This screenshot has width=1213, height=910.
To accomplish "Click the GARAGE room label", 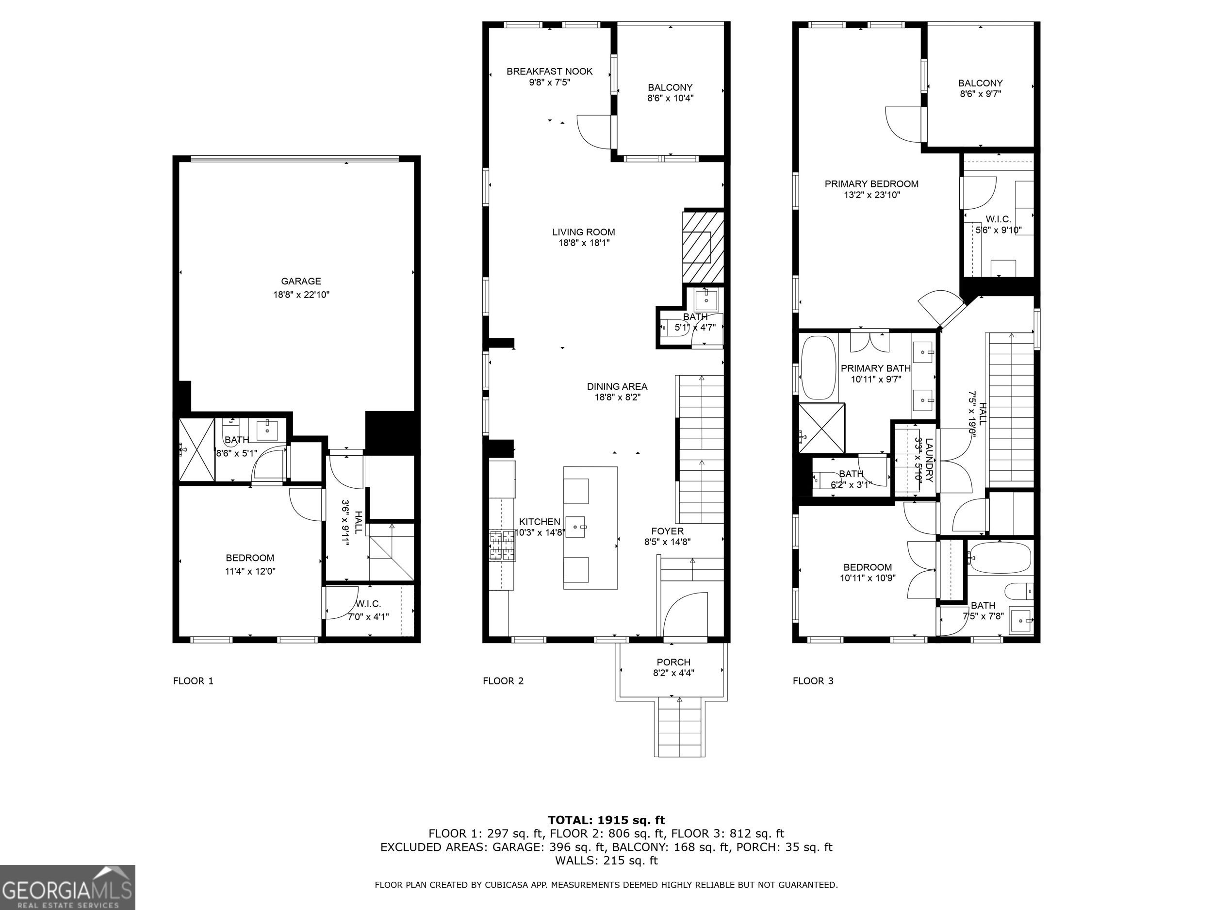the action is (301, 281).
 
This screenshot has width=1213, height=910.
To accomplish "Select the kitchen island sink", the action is (576, 527).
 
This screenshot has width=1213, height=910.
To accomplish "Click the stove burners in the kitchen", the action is (503, 546).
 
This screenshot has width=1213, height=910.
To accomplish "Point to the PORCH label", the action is (673, 662).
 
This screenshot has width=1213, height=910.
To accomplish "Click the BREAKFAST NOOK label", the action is (549, 71).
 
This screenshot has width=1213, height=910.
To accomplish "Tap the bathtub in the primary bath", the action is (817, 367).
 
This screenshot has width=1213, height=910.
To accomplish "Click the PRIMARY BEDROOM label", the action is (871, 184).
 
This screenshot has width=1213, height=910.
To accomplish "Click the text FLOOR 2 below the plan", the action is (503, 681).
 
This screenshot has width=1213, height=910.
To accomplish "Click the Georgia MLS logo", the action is (67, 887).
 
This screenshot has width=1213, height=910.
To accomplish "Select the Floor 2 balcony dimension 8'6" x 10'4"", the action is (670, 98).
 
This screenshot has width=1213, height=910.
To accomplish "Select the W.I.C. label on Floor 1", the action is (368, 604).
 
